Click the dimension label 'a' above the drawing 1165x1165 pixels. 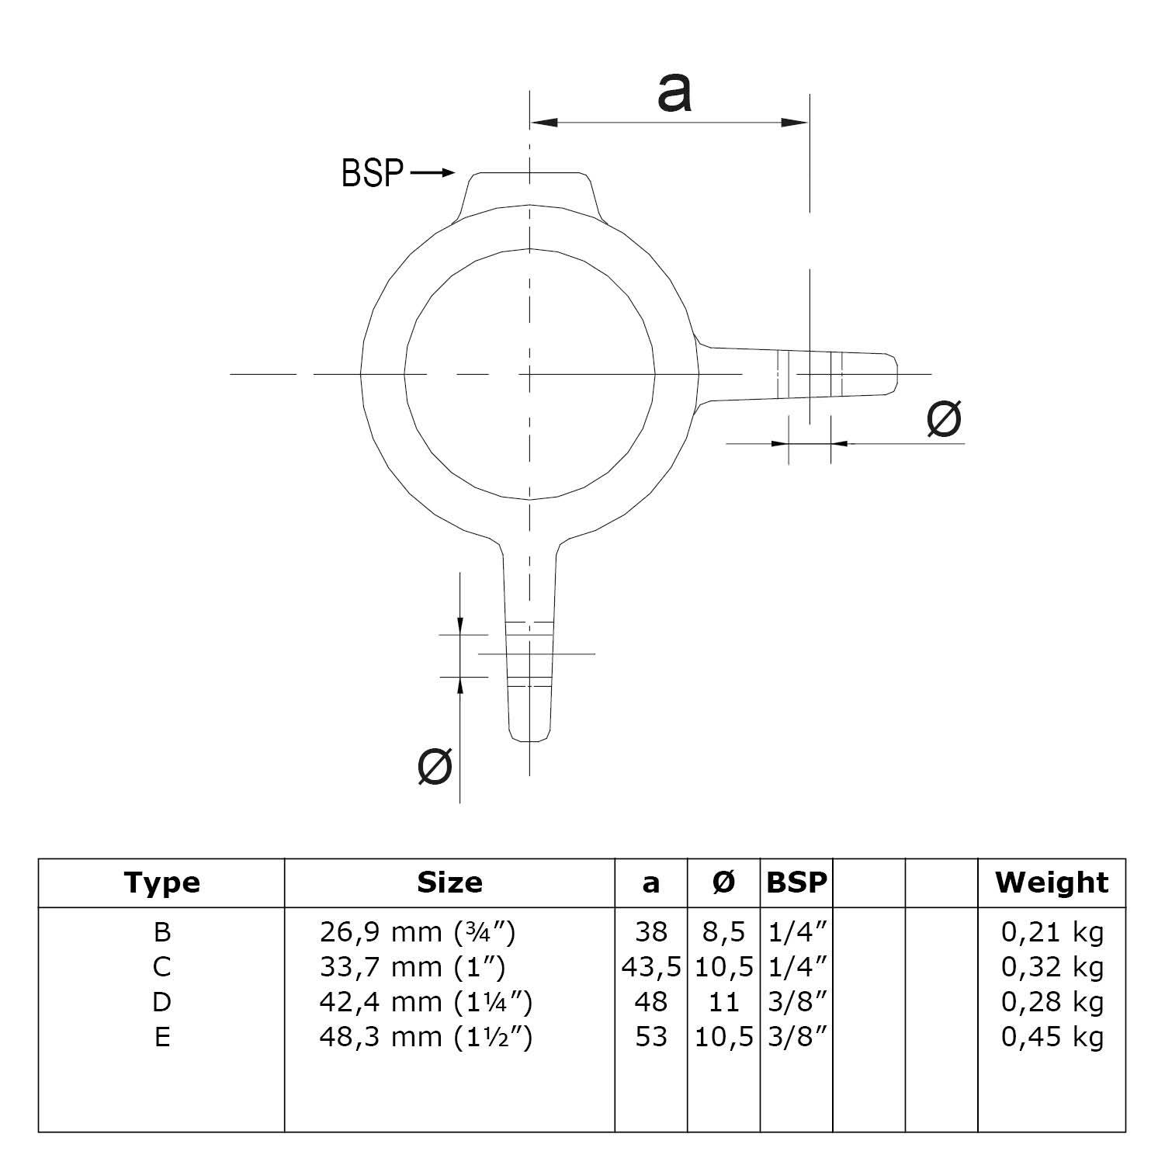674,93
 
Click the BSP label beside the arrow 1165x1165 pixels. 373,173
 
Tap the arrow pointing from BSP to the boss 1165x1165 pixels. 432,173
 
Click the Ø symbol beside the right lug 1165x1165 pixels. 944,419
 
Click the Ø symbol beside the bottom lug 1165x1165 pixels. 435,767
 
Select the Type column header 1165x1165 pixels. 162,882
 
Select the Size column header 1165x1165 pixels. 449,882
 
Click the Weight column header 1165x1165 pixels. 1052,882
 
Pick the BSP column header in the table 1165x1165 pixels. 796,882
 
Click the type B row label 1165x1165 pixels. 162,931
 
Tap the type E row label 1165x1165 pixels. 162,1037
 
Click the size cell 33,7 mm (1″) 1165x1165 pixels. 412,967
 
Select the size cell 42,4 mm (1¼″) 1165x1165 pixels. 425,1002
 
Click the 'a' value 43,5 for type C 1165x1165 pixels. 651,967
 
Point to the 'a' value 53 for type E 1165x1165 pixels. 651,1037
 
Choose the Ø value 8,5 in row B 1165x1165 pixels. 723,931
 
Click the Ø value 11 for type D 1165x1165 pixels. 723,1002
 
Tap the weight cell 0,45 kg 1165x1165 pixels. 1052,1037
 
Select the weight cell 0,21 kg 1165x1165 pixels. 1052,931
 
